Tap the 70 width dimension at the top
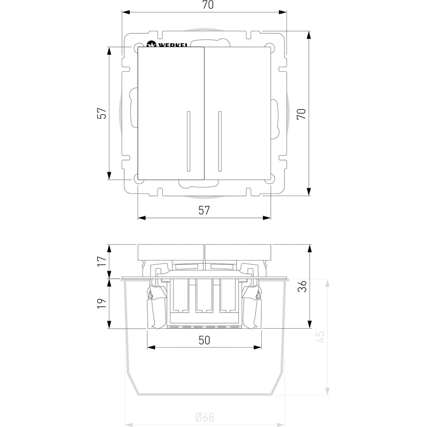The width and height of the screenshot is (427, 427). [208, 5]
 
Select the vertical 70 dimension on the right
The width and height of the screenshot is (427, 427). [301, 114]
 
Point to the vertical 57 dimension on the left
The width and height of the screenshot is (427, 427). [101, 113]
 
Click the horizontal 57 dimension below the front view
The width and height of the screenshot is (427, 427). [204, 210]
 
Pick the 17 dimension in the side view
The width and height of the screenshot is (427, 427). [101, 261]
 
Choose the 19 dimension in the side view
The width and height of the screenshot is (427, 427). [101, 303]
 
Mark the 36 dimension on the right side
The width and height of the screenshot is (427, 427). [302, 286]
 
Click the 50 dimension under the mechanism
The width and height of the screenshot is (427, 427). [204, 340]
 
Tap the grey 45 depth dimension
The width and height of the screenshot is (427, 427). [321, 336]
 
